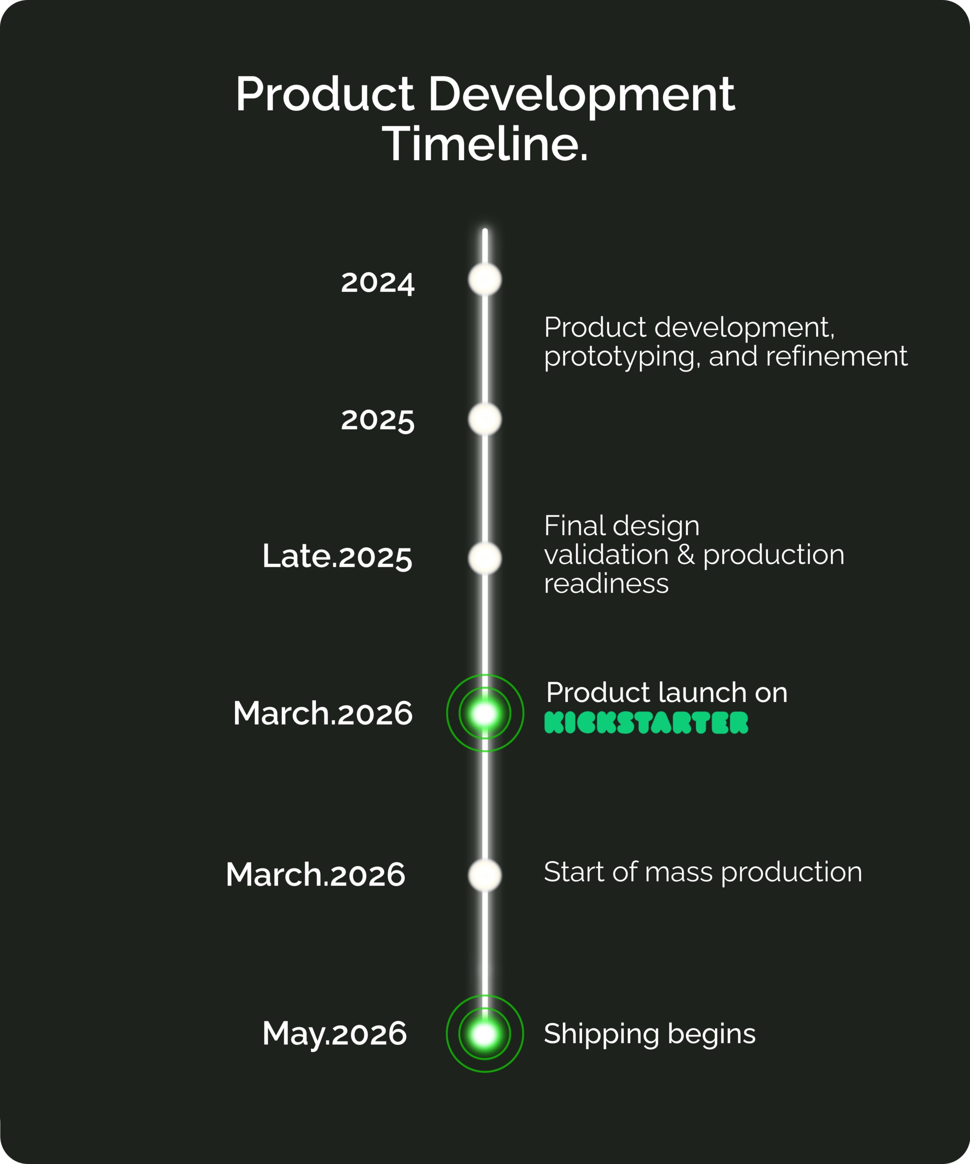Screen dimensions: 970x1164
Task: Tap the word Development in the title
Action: [582, 95]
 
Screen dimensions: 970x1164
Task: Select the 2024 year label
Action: [377, 283]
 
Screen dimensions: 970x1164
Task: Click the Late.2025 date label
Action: [337, 557]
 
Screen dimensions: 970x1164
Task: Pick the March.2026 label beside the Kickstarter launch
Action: [322, 713]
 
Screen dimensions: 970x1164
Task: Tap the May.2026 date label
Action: [334, 1034]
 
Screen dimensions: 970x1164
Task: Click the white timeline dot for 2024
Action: [485, 279]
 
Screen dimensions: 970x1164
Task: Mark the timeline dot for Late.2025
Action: [485, 558]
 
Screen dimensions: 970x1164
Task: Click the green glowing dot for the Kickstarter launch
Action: [485, 713]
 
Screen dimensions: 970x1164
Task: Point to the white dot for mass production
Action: [485, 875]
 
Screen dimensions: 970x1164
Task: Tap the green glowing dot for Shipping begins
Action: [485, 1034]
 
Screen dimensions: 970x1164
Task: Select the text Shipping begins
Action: [650, 1034]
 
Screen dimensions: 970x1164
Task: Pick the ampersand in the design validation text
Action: [686, 555]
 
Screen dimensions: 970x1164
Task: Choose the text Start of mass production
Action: [703, 873]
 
